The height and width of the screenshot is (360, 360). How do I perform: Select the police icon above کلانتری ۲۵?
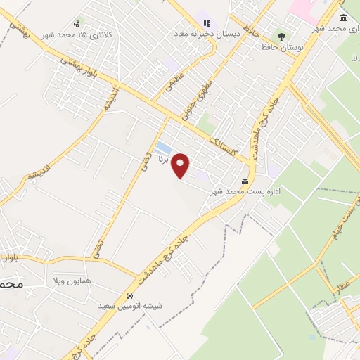[x=77, y=23]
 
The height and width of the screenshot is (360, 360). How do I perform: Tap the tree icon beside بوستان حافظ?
[x=282, y=35]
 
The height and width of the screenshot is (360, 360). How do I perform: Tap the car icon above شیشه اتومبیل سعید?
[x=130, y=295]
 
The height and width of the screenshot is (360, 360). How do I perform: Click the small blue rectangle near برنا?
[x=163, y=148]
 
